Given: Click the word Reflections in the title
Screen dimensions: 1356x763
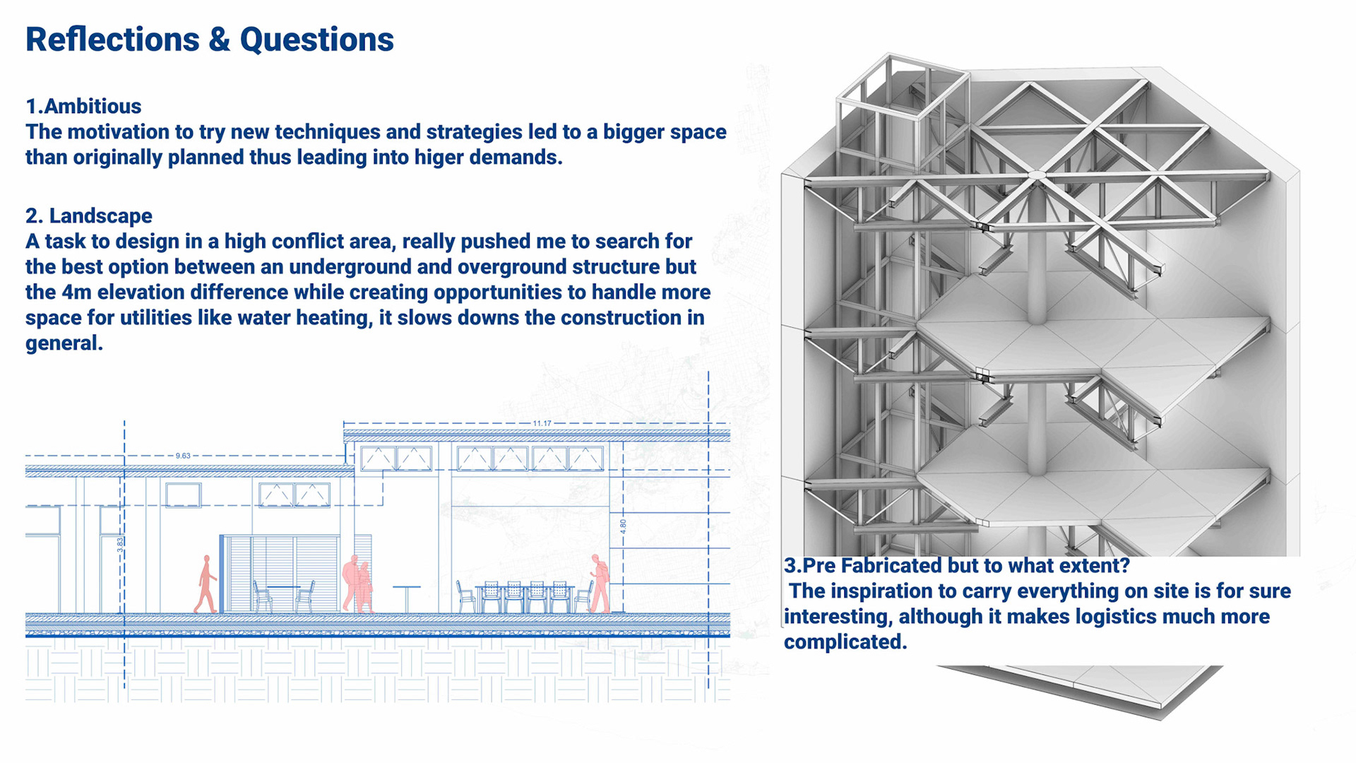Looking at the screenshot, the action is [112, 40].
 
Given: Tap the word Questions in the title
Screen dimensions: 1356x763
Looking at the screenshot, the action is [316, 40].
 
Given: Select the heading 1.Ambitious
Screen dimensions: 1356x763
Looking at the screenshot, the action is [83, 106].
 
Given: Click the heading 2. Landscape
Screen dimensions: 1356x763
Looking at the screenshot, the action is [89, 215].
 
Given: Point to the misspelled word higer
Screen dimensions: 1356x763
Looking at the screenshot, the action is [439, 157].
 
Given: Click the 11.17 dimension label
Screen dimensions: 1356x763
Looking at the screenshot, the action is [542, 423].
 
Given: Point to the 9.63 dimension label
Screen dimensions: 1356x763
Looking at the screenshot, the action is [183, 456].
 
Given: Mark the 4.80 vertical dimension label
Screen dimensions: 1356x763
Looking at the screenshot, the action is [623, 526].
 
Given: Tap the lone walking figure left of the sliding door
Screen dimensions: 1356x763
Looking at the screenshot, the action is [206, 584].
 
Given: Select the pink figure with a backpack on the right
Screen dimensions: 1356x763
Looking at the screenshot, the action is [600, 584].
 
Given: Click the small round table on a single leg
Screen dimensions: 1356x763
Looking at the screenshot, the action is [406, 598].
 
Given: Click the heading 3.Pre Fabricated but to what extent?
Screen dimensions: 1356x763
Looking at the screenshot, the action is [956, 565].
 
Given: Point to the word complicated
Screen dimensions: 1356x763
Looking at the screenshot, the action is [845, 641].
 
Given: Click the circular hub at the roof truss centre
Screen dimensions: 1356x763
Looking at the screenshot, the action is [1036, 175].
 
